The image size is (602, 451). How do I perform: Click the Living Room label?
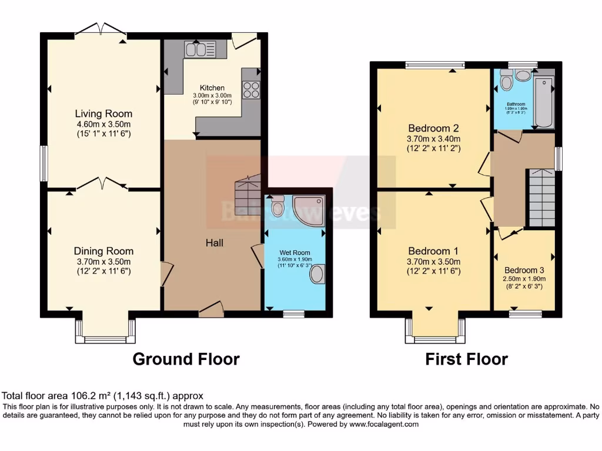coord(103,114)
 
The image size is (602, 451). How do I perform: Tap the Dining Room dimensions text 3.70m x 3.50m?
coord(103,261)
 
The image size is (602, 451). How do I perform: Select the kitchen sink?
coord(200,49)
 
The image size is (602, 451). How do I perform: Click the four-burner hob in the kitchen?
coord(251,89)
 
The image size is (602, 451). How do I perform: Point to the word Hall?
coord(214,243)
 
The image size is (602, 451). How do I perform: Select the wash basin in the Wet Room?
coord(317,274)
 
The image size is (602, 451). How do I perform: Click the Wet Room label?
coord(295,253)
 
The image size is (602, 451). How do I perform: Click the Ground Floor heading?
coord(186,359)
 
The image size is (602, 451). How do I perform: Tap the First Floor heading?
coord(466,359)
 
